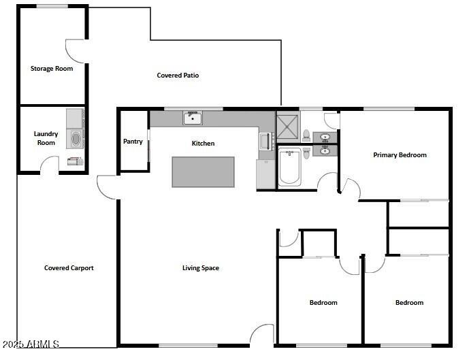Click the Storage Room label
click(51, 68)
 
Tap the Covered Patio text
click(178, 76)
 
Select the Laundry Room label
click(46, 138)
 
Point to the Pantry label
click(133, 142)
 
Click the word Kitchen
click(203, 143)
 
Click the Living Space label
click(200, 267)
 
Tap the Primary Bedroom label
click(400, 154)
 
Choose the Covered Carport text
click(69, 267)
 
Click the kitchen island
click(203, 171)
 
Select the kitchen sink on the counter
click(192, 118)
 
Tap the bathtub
click(289, 167)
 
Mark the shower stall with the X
click(287, 125)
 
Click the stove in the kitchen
click(265, 142)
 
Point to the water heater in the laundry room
click(74, 161)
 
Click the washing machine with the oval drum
click(75, 140)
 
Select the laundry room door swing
click(49, 165)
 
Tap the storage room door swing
click(75, 50)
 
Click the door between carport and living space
click(107, 187)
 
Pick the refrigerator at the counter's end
click(265, 174)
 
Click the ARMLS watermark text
click(31, 344)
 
